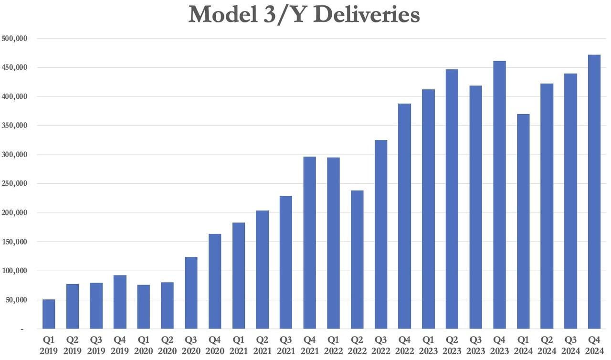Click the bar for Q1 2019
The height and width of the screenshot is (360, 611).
point(49,314)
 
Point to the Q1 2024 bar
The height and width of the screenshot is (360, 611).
point(523,222)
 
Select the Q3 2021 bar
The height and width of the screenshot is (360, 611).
point(286,262)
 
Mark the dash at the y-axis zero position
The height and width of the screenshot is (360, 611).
point(21,329)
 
